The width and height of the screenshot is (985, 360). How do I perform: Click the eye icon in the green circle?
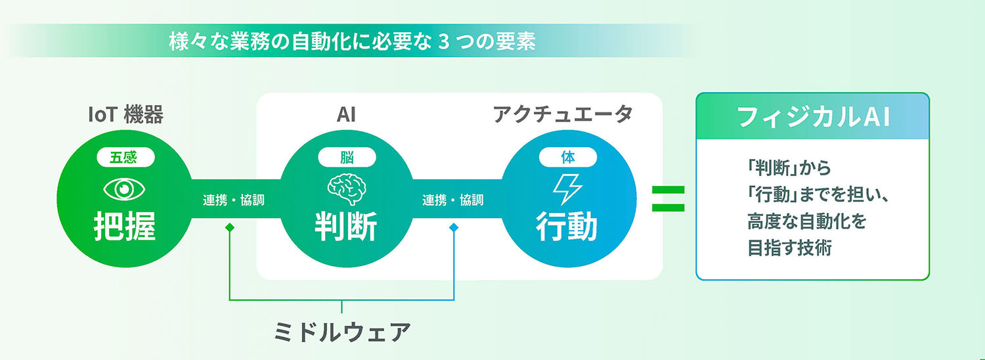pos(124,189)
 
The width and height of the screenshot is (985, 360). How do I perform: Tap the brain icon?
pos(347,189)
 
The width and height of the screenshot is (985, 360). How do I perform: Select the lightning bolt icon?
pos(568,189)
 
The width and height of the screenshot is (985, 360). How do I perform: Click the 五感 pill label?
pos(125,157)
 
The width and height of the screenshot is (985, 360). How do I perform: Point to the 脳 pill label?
pos(347,157)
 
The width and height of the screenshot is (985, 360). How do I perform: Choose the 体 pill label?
pos(568,157)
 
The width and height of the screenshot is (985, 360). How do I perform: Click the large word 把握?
pos(125,226)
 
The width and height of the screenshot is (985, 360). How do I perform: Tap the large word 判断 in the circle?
pos(346,226)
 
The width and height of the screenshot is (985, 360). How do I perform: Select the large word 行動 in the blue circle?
pos(567,226)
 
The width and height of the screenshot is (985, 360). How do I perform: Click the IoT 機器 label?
pos(126,115)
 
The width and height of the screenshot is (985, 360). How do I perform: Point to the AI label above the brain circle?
pos(346,115)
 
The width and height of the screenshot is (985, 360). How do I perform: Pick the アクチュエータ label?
pos(563,114)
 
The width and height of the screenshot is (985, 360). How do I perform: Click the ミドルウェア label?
pos(342,332)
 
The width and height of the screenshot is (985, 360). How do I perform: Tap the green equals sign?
pos(668,198)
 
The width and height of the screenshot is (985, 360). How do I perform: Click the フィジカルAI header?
pos(813,117)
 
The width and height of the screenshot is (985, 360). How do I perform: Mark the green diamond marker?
pos(230,227)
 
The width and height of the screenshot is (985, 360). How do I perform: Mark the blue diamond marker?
pos(454,227)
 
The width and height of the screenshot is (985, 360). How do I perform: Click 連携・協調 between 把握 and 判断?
pos(234,200)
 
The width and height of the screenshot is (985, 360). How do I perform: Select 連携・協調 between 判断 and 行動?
pos(453,200)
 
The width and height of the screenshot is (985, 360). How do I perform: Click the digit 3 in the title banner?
pos(444,42)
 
